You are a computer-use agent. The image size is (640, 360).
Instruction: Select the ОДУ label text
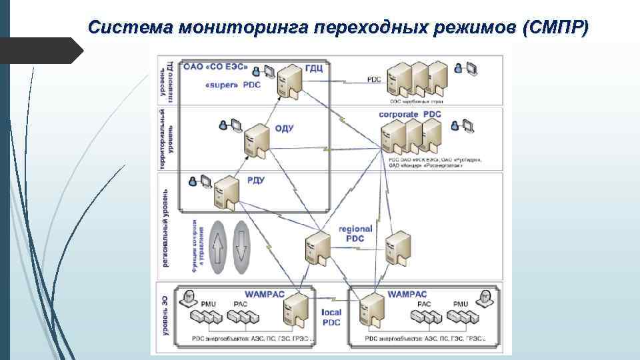pyautogui.click(x=284, y=129)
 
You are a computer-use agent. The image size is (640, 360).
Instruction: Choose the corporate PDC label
pyautogui.click(x=409, y=114)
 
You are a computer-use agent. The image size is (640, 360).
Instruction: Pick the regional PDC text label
pyautogui.click(x=355, y=233)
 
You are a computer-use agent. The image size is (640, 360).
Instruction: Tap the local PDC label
pyautogui.click(x=331, y=317)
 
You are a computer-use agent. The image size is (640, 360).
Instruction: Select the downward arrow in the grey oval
pyautogui.click(x=241, y=247)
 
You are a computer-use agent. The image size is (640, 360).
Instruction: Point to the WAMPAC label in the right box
pyautogui.click(x=407, y=293)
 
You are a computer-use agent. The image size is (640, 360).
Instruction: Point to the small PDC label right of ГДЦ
pyautogui.click(x=374, y=79)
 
